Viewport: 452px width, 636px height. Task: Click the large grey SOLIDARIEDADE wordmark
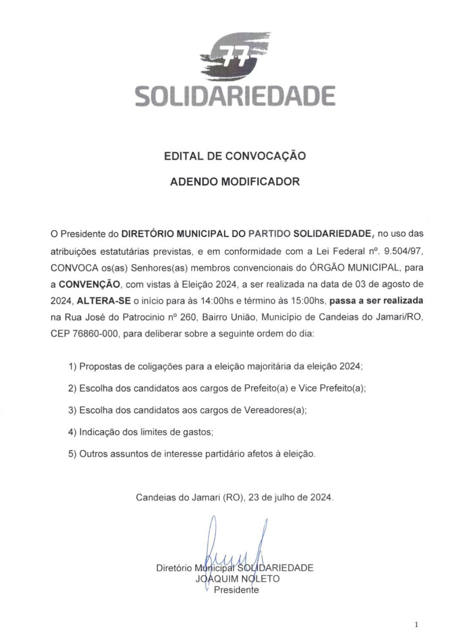click(235, 96)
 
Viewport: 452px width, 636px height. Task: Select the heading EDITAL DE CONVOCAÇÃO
click(234, 156)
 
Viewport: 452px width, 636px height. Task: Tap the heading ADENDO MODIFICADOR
click(234, 182)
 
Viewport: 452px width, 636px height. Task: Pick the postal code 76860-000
click(94, 334)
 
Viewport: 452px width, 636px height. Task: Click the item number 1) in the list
click(72, 367)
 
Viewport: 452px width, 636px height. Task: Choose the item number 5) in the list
click(72, 454)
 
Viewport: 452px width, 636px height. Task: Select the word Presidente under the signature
click(236, 589)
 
